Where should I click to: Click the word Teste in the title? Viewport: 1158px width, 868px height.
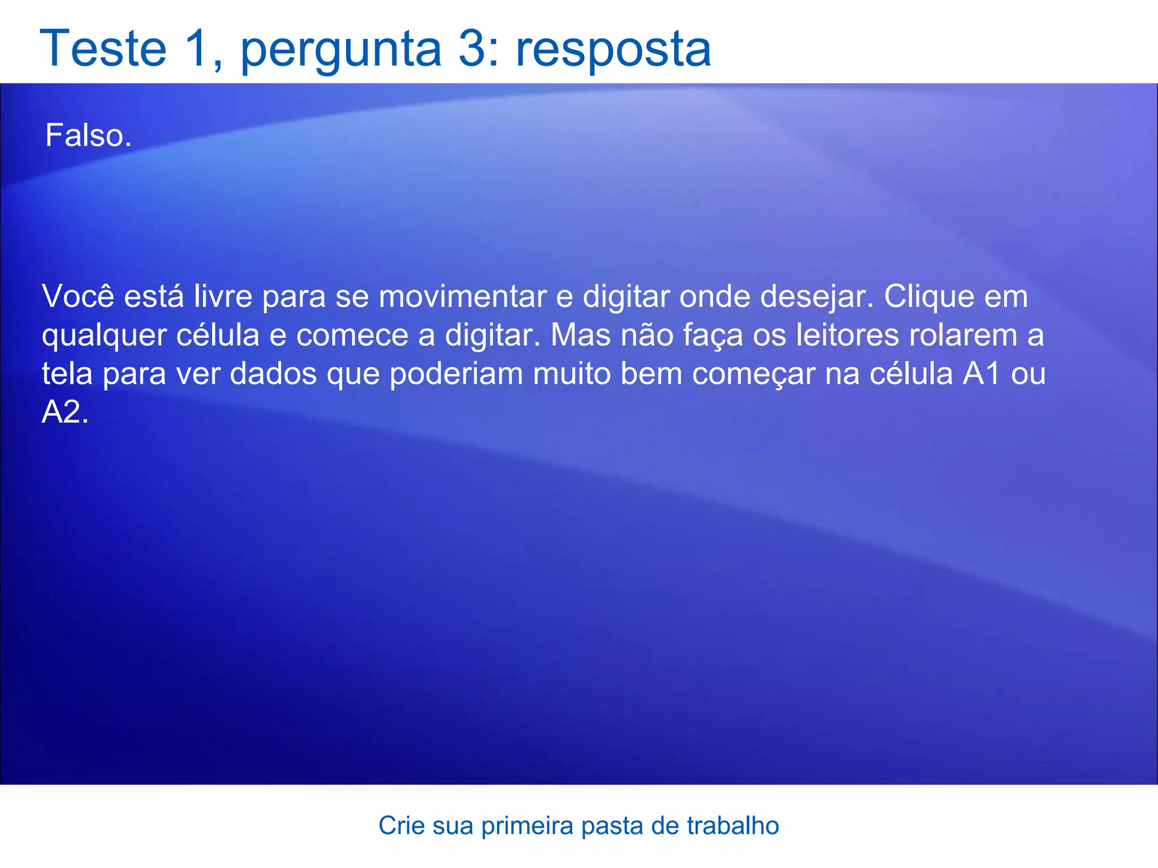[x=103, y=49]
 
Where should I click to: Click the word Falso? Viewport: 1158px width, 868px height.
[x=88, y=136]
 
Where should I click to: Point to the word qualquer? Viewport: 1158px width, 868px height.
[x=104, y=336]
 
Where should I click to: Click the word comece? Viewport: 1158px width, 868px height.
[x=352, y=335]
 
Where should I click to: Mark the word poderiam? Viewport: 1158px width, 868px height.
[x=456, y=374]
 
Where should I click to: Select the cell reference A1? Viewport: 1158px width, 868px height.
[x=982, y=374]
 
